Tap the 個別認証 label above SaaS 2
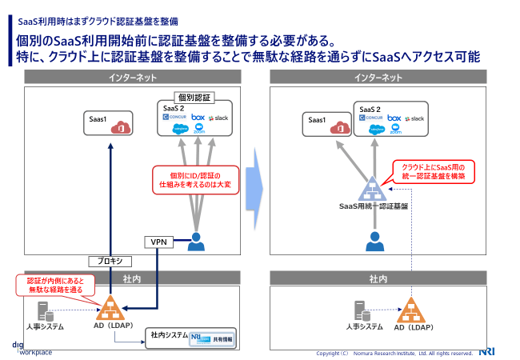(194, 97)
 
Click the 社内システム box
(190, 337)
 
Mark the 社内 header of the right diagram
(378, 279)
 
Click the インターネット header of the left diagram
(132, 78)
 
